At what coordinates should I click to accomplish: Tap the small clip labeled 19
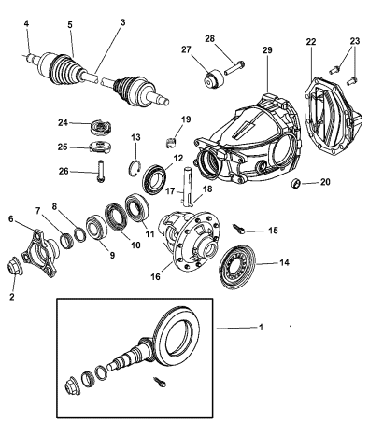tap(170, 140)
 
